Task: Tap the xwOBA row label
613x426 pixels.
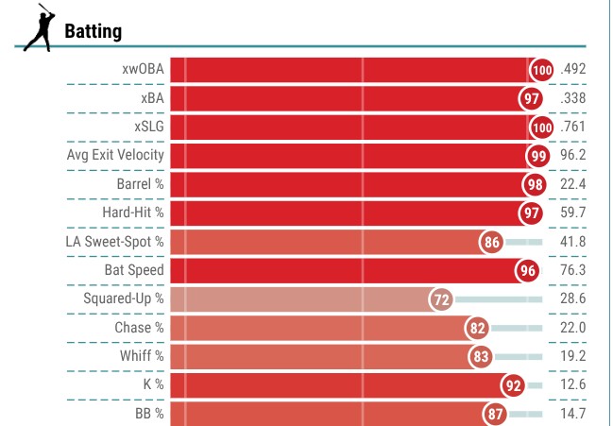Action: coord(143,69)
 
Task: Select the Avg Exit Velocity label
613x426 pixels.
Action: coord(115,155)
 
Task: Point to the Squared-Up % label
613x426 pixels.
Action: coord(123,298)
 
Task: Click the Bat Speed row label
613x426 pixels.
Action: coord(134,270)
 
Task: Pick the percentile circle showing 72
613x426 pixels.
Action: coord(440,299)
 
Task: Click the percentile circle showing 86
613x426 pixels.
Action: coord(491,242)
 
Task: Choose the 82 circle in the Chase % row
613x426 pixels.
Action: coord(477,328)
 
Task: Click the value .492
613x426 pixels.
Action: coord(573,69)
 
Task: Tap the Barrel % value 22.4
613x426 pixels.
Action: coord(573,184)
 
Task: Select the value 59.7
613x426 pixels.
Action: coord(573,213)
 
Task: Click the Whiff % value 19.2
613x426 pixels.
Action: coord(573,356)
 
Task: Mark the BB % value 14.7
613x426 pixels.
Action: coord(573,414)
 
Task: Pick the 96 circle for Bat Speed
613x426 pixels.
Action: coord(529,271)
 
